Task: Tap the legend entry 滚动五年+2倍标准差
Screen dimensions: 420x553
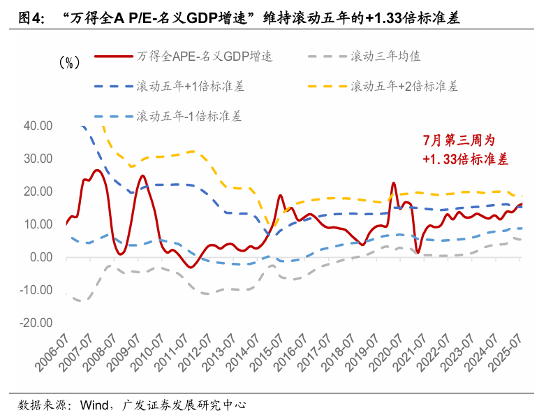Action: tap(404, 87)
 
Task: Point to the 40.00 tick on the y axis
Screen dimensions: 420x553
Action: tap(38, 126)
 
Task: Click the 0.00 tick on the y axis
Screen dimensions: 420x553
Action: tap(41, 257)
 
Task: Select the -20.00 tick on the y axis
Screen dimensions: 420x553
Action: tap(37, 323)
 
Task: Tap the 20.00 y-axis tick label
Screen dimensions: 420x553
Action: tap(38, 191)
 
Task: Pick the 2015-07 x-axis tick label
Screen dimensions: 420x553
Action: tap(267, 356)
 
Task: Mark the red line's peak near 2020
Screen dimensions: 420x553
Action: tap(394, 183)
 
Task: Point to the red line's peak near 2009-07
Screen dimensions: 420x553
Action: tap(142, 175)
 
